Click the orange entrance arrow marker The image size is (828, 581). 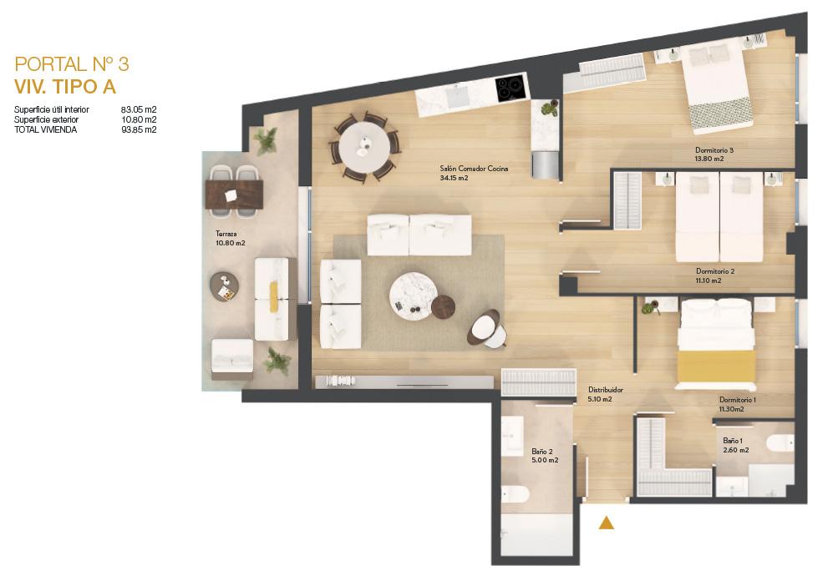(607, 523)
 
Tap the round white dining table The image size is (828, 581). (365, 145)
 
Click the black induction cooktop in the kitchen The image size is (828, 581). (511, 88)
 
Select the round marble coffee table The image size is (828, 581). (414, 296)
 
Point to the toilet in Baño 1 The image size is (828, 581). (780, 442)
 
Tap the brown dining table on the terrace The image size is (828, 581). (234, 195)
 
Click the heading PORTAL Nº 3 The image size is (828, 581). (72, 63)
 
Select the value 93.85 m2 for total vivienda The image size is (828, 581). (139, 130)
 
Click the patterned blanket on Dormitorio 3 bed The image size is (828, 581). (722, 114)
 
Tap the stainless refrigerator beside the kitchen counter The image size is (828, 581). (545, 164)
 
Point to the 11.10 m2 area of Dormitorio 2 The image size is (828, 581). (709, 280)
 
